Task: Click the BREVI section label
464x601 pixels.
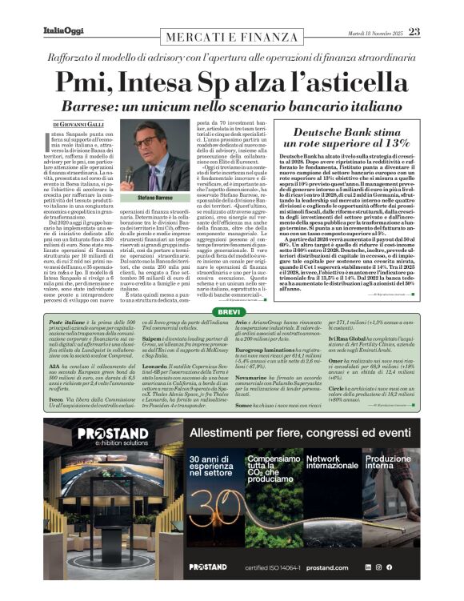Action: (x=231, y=289)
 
